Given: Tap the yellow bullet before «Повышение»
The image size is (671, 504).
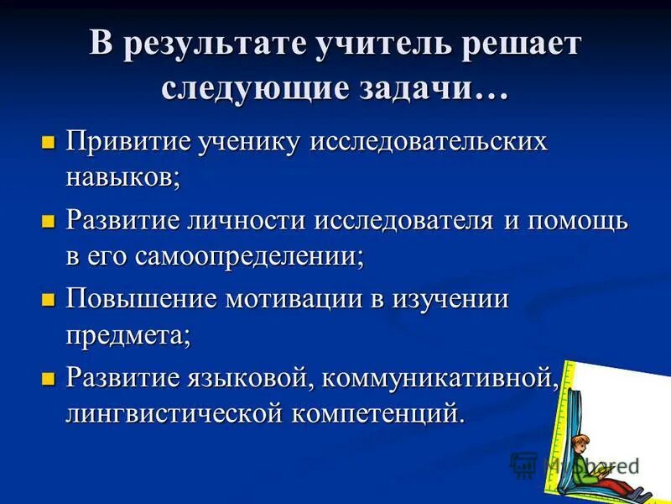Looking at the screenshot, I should pos(48,301).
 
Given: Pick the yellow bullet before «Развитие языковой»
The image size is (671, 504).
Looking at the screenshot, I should pos(48,380).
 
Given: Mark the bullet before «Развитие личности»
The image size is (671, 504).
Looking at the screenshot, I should pos(48,222).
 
